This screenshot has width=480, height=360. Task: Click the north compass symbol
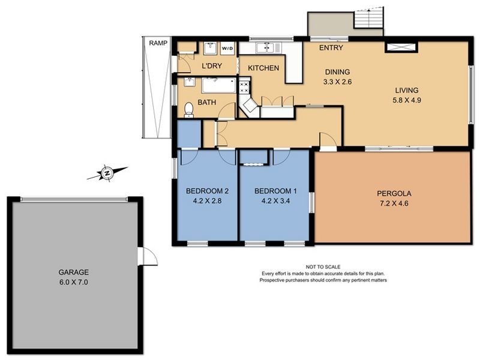(107, 173)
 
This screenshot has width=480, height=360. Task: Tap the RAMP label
(158, 43)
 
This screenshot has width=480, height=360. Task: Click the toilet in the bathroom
(189, 109)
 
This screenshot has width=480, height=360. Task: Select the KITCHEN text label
(263, 68)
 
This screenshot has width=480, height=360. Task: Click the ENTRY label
(331, 48)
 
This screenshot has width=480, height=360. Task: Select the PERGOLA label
(394, 194)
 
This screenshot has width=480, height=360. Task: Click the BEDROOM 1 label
(275, 191)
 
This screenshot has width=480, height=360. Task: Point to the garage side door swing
(149, 256)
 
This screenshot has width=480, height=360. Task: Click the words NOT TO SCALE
(323, 266)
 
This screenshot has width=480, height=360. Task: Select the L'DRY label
(212, 65)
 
